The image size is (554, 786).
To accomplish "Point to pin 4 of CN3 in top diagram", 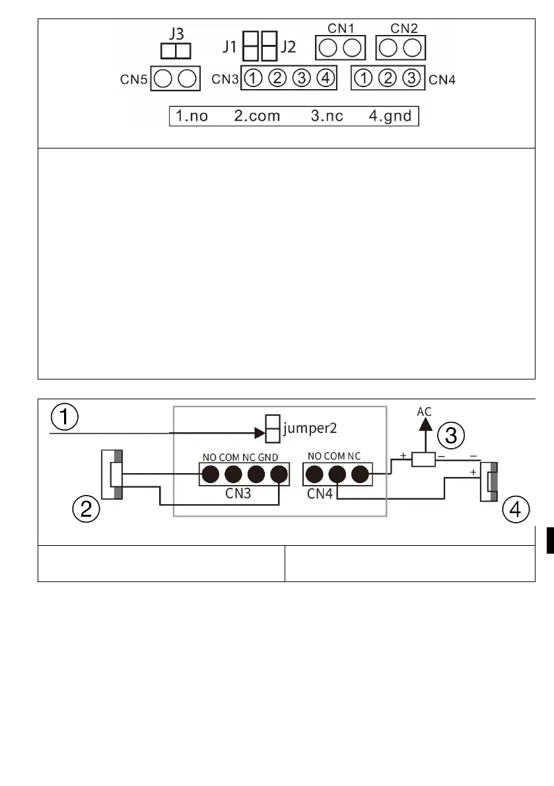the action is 324,79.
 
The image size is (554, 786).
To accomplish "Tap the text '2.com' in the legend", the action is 257,117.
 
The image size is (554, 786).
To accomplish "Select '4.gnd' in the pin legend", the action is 390,117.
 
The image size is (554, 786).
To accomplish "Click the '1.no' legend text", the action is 191,117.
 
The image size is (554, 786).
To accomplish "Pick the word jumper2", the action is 310,428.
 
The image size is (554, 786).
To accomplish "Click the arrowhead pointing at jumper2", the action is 258,434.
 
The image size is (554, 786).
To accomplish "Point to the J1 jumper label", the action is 231,48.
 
